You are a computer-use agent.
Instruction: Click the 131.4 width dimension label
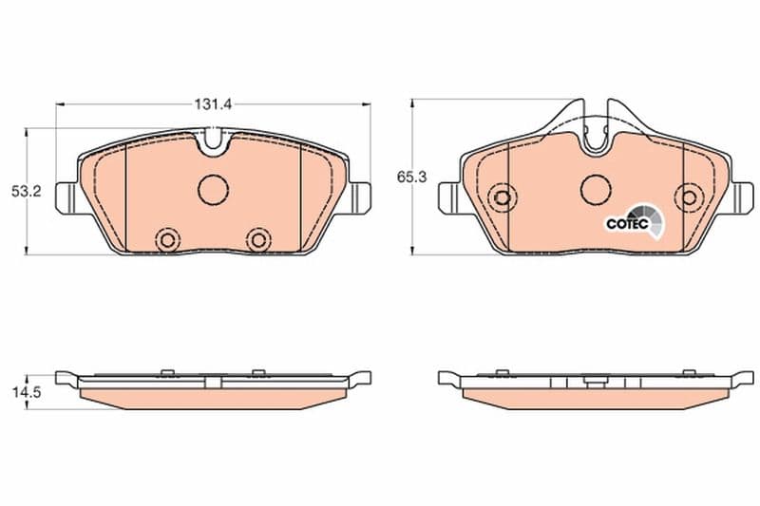tap(213, 104)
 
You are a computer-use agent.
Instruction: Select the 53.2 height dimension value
tap(27, 191)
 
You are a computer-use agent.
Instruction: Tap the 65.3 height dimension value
tap(411, 178)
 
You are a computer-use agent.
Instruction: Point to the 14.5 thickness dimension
tap(27, 392)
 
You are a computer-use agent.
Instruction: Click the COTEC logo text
tap(628, 224)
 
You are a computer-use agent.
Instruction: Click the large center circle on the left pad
tap(213, 189)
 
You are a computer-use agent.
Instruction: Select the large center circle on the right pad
tap(597, 189)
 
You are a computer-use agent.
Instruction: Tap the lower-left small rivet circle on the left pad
tap(168, 239)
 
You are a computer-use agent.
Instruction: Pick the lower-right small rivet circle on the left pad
tap(257, 239)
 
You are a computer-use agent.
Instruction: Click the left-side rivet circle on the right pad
tap(503, 197)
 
